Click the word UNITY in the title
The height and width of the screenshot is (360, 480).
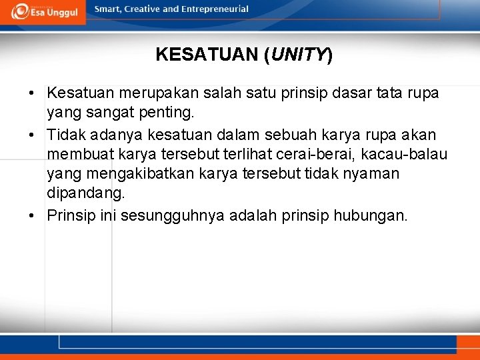[298, 55]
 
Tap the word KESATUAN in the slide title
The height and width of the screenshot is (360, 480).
[207, 55]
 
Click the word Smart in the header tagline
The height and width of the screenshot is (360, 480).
[107, 9]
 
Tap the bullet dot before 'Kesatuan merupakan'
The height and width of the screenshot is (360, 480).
[32, 93]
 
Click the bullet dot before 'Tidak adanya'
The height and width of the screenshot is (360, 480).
[32, 135]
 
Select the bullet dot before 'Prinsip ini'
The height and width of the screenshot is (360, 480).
[32, 216]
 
